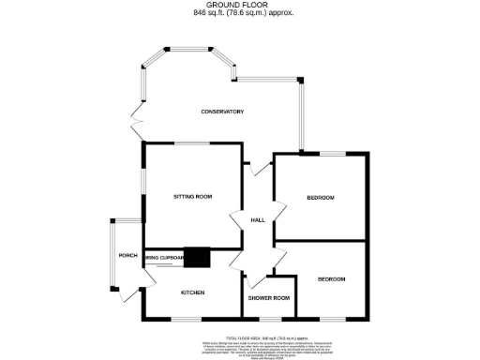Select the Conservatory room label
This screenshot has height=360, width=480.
coord(222,112)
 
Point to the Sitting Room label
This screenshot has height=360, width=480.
coord(192,197)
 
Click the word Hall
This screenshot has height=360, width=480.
coord(258,220)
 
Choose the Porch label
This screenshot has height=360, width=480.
coord(127,256)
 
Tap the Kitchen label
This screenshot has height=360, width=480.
coord(192,293)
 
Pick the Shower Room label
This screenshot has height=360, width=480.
coord(268,298)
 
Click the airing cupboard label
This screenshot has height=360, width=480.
coord(161,256)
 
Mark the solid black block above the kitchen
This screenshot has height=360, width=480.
coord(197,256)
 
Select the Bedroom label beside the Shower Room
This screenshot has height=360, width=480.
coord(331,279)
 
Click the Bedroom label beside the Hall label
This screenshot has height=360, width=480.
coord(320,197)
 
